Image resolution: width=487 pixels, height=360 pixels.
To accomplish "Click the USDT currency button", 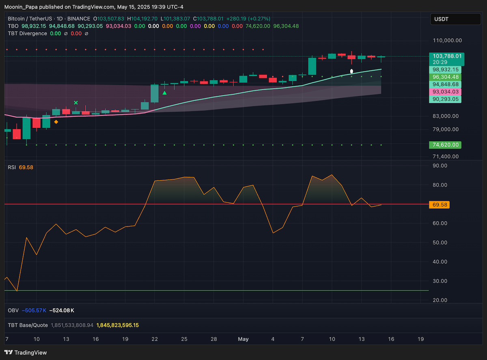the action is click(456, 19).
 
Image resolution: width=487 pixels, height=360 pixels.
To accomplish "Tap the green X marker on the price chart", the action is click(76, 103).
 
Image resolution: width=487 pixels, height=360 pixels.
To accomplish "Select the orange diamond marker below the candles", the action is click(56, 122).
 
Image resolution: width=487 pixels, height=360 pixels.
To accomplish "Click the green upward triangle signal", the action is click(164, 93).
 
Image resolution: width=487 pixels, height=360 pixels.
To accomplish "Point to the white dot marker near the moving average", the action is click(351, 71).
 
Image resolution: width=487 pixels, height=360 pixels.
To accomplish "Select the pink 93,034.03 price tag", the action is click(445, 92).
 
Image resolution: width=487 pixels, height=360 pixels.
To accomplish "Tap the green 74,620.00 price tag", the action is click(445, 145).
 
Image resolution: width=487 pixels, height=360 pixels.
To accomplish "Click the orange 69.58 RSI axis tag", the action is click(440, 205).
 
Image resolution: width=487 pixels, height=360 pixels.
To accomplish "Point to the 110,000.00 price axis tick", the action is click(447, 41).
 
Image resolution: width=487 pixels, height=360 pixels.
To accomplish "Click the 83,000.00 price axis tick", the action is click(446, 116).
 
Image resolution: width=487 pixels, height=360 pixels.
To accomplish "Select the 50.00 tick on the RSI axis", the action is click(440, 242).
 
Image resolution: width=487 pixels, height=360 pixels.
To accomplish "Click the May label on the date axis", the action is click(243, 339).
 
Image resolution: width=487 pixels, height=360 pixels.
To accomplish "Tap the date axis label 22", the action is click(155, 339).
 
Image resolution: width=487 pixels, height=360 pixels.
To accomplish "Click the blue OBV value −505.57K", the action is click(34, 310).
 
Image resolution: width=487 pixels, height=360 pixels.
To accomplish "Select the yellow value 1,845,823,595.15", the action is click(117, 325).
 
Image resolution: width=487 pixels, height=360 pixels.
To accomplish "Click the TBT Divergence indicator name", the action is click(28, 33).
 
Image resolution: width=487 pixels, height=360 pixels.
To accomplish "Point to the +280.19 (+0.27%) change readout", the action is click(248, 19).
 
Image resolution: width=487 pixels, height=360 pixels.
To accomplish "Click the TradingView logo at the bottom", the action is click(26, 353).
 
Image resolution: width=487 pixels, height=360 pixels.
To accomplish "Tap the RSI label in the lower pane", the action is click(12, 167).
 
